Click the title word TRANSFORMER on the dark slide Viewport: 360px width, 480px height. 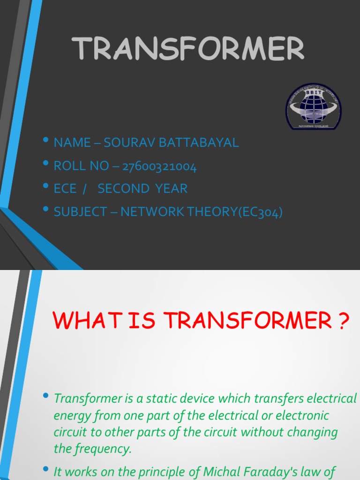coord(188,49)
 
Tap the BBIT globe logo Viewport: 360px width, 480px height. coord(314,107)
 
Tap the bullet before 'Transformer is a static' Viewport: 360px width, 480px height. coord(45,396)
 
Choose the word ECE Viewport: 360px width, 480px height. coord(65,188)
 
